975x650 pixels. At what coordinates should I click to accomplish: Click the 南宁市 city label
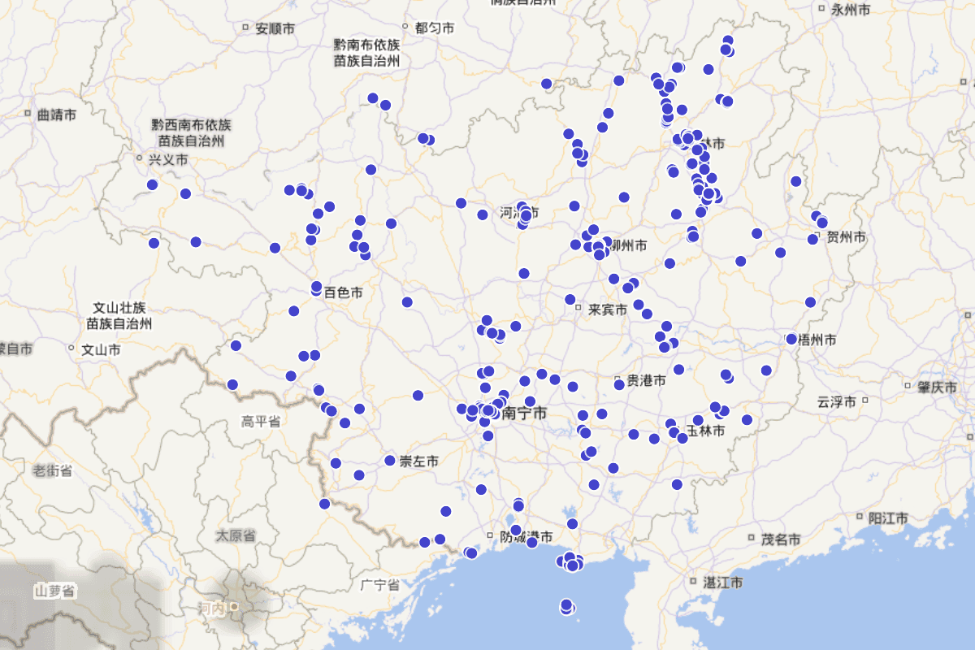(524, 414)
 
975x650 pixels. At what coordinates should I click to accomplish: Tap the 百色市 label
(343, 292)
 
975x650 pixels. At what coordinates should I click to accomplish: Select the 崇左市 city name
(419, 461)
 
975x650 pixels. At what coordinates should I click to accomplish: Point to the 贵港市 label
(646, 380)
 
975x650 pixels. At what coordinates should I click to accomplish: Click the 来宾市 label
(608, 310)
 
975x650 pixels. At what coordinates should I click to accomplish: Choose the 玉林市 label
(705, 430)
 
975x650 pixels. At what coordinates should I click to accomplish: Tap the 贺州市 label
(846, 237)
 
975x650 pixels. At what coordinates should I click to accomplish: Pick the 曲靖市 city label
(57, 115)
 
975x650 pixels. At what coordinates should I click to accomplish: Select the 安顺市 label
(275, 29)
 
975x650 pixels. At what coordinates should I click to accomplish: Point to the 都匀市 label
(434, 28)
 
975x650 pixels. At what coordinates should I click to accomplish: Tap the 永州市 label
(851, 10)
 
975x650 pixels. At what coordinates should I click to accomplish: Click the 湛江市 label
(723, 583)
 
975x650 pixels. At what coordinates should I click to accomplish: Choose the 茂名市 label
(781, 539)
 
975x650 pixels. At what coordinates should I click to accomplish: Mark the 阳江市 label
(888, 518)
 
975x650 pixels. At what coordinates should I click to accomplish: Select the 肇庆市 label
(938, 388)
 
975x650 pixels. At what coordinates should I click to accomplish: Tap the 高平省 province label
(260, 421)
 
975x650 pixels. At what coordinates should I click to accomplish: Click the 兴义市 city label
(168, 160)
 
